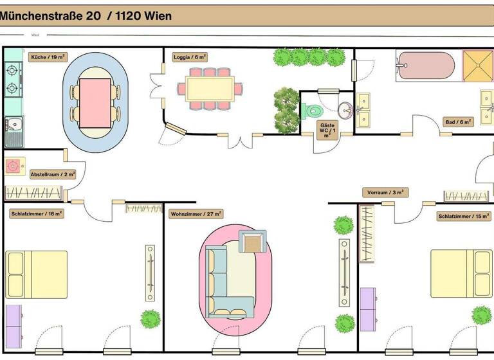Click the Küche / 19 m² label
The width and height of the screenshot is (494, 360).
pos(48,57)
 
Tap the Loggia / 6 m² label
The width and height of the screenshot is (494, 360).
pos(190,57)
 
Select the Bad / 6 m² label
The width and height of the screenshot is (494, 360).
pos(459,122)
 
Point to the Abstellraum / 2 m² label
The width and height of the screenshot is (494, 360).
pos(53,174)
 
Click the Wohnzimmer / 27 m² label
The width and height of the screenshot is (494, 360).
pos(196,214)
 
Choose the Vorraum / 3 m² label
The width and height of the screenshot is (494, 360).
pos(385,192)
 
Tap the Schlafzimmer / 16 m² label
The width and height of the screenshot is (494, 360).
pos(37,213)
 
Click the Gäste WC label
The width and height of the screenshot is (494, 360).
pos(327,130)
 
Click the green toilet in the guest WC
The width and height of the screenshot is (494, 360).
pos(311,111)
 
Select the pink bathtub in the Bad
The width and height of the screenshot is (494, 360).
pos(426,66)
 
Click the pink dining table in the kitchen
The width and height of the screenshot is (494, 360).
pos(95,102)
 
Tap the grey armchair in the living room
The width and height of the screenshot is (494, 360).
pos(253,242)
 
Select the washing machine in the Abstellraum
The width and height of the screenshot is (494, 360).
pos(14,166)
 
